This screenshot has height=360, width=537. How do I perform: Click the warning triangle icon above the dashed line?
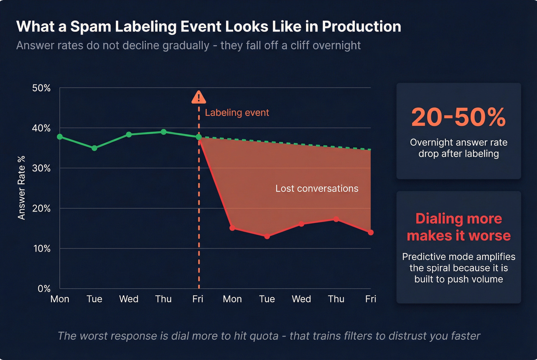tap(199, 98)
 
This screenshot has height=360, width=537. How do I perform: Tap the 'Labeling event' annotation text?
tap(237, 113)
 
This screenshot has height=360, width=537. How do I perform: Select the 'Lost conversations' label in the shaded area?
tap(317, 189)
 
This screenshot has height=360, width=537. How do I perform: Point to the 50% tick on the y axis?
tap(41, 88)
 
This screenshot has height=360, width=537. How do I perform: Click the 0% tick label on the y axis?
tap(44, 289)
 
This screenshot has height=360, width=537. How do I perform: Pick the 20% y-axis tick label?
tap(41, 209)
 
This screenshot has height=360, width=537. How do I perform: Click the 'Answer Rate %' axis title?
tap(21, 187)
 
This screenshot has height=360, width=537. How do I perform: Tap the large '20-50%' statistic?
tap(458, 117)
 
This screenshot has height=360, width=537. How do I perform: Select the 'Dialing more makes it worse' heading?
tap(458, 227)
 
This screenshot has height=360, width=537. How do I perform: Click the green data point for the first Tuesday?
tap(94, 148)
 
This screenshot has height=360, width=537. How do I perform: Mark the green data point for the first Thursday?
tap(164, 132)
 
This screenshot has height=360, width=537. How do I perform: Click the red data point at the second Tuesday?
tap(267, 236)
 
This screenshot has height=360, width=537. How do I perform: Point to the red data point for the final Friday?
tap(371, 232)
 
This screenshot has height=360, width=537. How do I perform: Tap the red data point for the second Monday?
tap(232, 228)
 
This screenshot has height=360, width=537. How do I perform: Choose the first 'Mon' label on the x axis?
tap(60, 299)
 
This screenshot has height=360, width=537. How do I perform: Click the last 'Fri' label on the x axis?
tap(371, 299)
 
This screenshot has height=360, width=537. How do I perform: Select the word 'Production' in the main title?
tap(361, 27)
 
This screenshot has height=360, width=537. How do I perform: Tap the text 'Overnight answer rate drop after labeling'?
tap(458, 148)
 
